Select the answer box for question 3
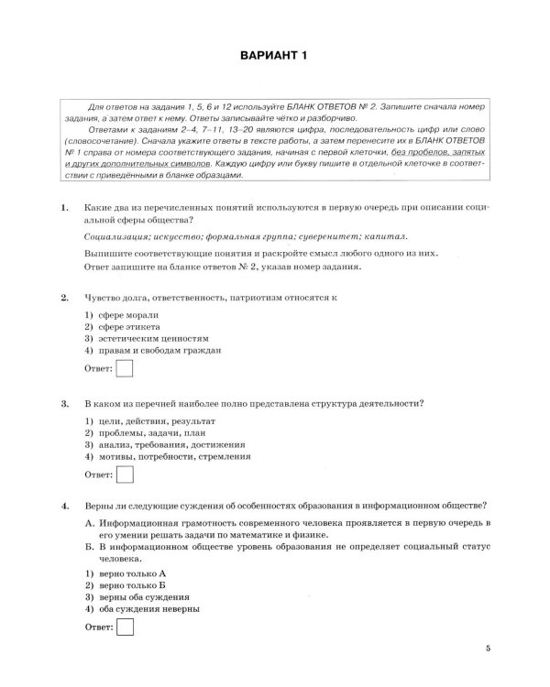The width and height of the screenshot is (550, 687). coord(126,474)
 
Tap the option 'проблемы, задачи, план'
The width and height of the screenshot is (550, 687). coord(146,432)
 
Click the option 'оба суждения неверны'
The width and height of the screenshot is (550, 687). coord(146,608)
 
